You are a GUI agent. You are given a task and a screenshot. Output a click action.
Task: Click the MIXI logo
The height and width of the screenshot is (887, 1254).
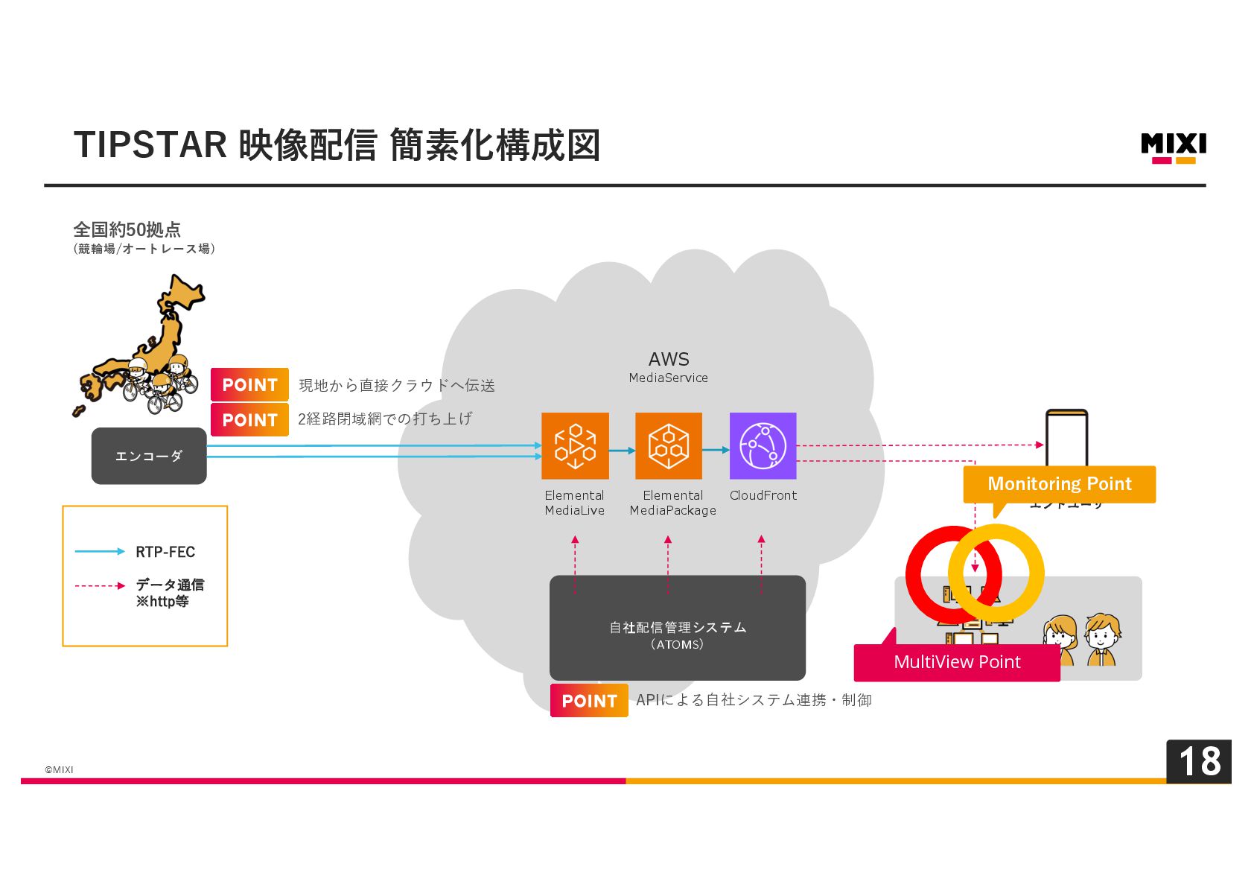click(x=1173, y=147)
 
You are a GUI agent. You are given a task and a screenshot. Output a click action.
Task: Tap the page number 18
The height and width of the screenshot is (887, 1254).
click(x=1198, y=761)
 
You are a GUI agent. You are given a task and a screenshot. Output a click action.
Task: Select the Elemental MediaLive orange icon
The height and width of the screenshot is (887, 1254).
click(x=575, y=445)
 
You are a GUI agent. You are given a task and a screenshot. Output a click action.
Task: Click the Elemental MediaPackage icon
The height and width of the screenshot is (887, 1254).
click(x=668, y=445)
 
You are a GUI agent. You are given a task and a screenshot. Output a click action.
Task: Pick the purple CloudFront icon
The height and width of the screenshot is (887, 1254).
click(x=763, y=445)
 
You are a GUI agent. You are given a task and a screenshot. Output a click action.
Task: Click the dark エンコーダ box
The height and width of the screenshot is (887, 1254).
click(x=149, y=456)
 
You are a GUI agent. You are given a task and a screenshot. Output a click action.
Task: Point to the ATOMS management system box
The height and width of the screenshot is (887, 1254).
click(x=677, y=628)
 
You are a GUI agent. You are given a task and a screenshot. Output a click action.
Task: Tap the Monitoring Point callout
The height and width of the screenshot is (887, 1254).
click(x=1059, y=484)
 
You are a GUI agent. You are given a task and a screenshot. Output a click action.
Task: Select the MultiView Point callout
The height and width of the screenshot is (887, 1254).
click(x=957, y=662)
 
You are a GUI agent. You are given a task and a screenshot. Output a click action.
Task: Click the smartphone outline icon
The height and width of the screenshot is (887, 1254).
click(x=1066, y=437)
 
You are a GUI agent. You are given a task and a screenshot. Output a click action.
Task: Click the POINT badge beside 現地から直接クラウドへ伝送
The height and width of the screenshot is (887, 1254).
click(x=249, y=385)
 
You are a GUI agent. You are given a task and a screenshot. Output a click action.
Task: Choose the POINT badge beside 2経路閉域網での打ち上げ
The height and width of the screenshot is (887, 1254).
click(x=249, y=420)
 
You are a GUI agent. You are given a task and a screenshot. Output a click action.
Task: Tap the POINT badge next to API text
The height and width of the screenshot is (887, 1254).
click(x=589, y=701)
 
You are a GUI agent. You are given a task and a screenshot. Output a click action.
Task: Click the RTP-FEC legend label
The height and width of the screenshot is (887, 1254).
click(x=165, y=552)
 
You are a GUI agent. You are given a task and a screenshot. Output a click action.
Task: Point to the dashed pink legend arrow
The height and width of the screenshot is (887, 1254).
click(x=100, y=586)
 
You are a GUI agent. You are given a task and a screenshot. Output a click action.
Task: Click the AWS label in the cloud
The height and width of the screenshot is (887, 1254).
click(x=669, y=359)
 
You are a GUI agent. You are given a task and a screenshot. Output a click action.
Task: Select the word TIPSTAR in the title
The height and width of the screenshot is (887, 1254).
click(x=150, y=145)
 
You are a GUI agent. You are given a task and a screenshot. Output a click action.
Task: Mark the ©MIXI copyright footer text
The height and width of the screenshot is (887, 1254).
click(x=59, y=769)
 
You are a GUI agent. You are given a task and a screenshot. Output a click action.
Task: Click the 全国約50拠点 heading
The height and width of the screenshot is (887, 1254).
click(x=127, y=229)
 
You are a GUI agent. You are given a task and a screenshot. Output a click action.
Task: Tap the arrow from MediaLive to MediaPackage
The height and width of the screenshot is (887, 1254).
click(x=622, y=451)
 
